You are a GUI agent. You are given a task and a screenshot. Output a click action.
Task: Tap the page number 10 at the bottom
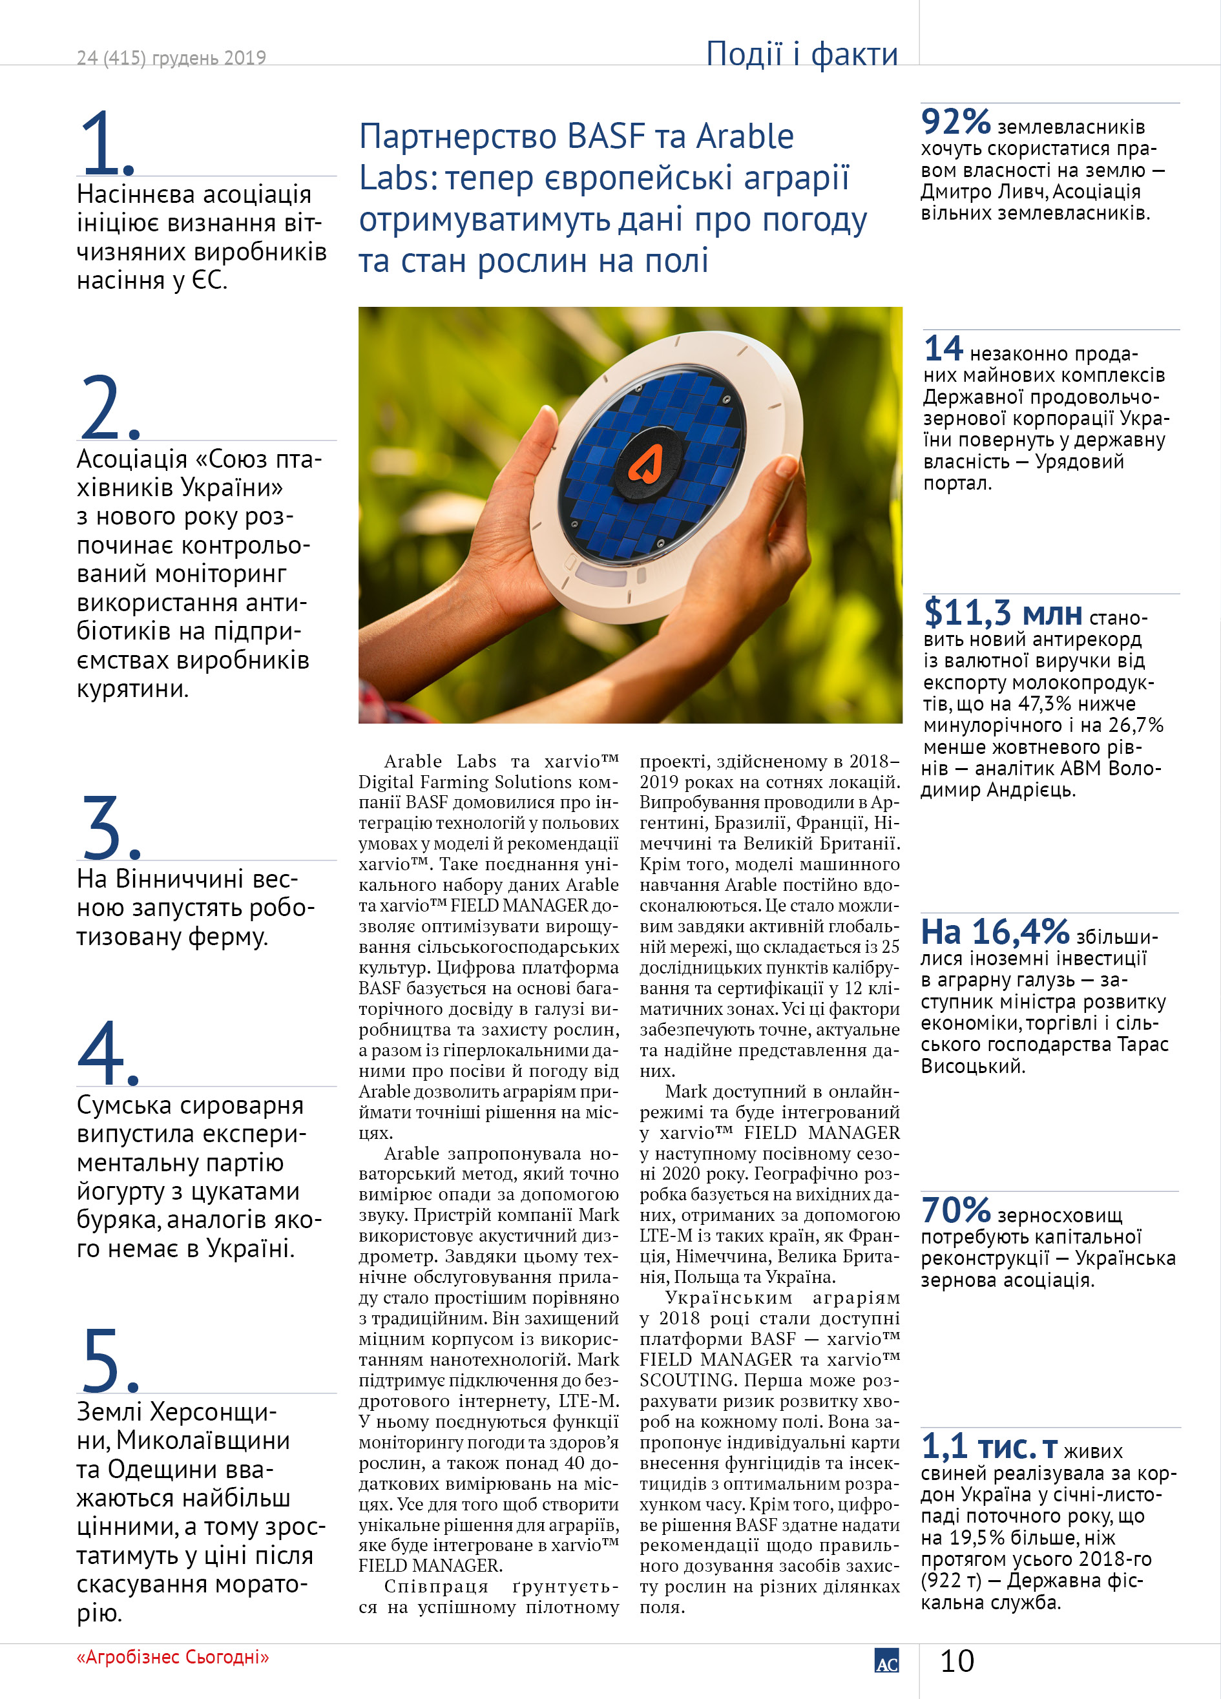click(x=957, y=1662)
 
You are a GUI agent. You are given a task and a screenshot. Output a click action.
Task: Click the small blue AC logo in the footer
click(x=886, y=1662)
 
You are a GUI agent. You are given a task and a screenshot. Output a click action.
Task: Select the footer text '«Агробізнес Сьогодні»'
click(x=172, y=1657)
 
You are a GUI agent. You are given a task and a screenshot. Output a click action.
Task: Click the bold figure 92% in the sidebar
click(x=956, y=121)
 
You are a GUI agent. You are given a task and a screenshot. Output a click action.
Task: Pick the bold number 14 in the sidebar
click(x=943, y=349)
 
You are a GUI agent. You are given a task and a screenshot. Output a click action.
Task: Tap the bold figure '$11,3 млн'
click(x=1002, y=613)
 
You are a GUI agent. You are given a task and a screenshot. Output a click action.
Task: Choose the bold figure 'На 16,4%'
click(x=994, y=932)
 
